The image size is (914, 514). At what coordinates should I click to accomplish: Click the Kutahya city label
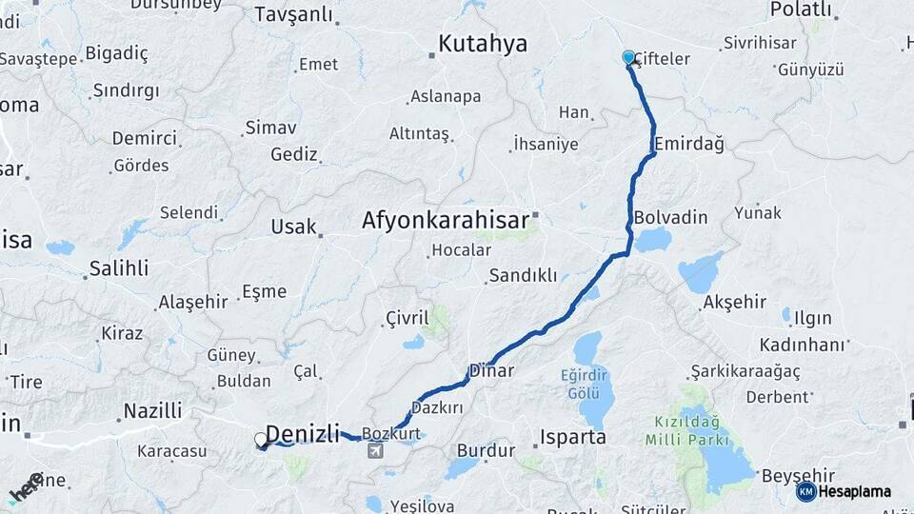coord(482,43)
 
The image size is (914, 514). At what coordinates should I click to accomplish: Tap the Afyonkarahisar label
coord(445,221)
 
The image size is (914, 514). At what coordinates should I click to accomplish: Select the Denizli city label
coord(302,435)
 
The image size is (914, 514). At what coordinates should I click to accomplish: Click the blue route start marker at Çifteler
coord(628,57)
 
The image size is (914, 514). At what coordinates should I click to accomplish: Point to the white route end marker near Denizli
coord(261,440)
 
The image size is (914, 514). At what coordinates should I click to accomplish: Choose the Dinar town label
coord(492,370)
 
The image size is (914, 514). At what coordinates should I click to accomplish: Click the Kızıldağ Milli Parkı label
coord(686,430)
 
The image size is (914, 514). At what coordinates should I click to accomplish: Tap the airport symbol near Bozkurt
coord(378,450)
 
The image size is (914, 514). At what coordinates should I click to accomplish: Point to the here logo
coord(26,487)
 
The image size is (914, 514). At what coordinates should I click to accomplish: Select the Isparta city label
coord(572,438)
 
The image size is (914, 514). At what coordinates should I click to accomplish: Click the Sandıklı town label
coord(523,276)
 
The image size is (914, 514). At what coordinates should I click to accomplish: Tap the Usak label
coord(288,227)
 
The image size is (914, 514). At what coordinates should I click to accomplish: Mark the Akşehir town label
coord(734,302)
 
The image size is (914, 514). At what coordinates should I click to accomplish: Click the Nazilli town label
coord(152,411)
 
